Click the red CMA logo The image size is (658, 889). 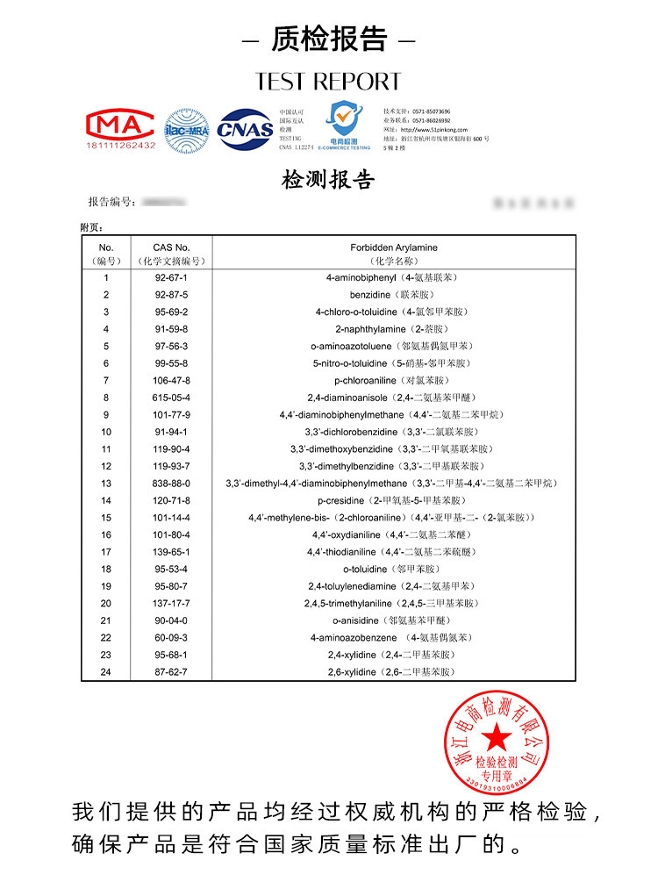[120, 123]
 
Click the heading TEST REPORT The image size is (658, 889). [328, 82]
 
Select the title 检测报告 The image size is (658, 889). [328, 180]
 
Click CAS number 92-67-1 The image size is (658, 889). [171, 277]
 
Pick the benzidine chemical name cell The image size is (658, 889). [394, 295]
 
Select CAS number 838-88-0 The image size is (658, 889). [171, 484]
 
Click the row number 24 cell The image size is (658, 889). [106, 672]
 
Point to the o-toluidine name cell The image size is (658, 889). [394, 570]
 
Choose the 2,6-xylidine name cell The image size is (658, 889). [394, 672]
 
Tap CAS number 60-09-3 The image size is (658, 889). [171, 638]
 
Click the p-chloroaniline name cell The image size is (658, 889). [394, 381]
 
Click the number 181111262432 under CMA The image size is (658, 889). [120, 146]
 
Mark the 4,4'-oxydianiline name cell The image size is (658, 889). [394, 535]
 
